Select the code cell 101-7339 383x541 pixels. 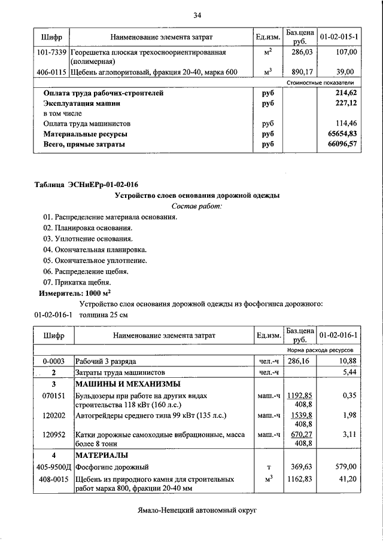pyautogui.click(x=52, y=53)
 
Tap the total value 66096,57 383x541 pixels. pyautogui.click(x=342, y=145)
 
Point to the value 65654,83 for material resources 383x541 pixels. pyautogui.click(x=342, y=134)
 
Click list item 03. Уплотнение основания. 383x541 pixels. pyautogui.click(x=87, y=239)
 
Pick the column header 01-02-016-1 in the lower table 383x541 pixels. pyautogui.click(x=339, y=335)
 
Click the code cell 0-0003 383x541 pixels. pyautogui.click(x=53, y=362)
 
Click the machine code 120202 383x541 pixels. pyautogui.click(x=53, y=414)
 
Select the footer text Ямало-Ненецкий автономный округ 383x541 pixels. pyautogui.click(x=196, y=511)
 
